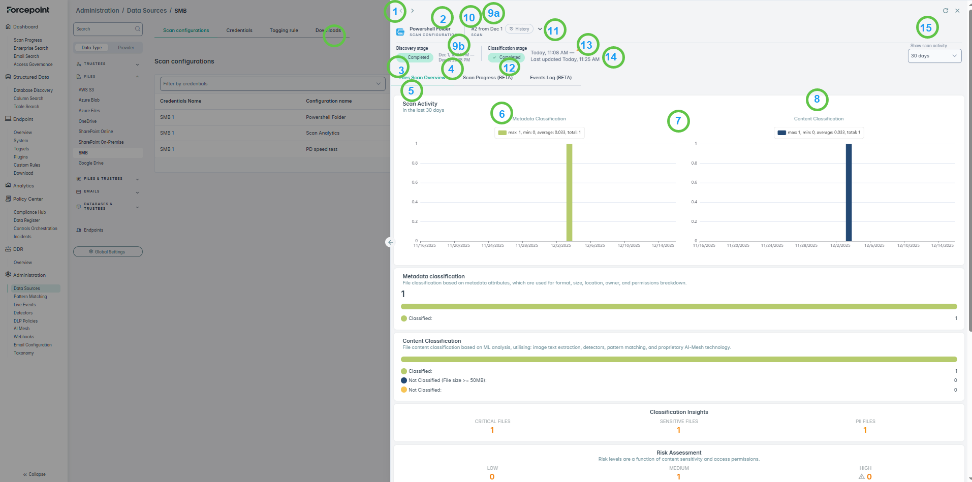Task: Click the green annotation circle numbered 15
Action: pyautogui.click(x=927, y=27)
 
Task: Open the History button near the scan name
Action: pyautogui.click(x=519, y=29)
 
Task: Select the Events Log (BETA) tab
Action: pyautogui.click(x=550, y=78)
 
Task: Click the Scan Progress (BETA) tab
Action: pyautogui.click(x=487, y=78)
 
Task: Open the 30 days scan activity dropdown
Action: pyautogui.click(x=934, y=56)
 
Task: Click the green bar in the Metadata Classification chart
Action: pyautogui.click(x=569, y=192)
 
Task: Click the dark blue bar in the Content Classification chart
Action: pyautogui.click(x=849, y=192)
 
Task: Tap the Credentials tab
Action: pyautogui.click(x=239, y=30)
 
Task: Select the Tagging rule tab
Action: pyautogui.click(x=284, y=30)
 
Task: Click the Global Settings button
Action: pyautogui.click(x=108, y=252)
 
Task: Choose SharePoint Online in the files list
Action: pyautogui.click(x=96, y=132)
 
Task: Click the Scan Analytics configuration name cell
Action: pyautogui.click(x=323, y=133)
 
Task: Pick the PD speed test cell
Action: pyautogui.click(x=322, y=149)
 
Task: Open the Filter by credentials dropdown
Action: pyautogui.click(x=272, y=84)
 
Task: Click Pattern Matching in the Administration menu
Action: pyautogui.click(x=30, y=297)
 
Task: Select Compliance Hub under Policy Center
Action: pyautogui.click(x=29, y=212)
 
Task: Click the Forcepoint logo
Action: pyautogui.click(x=28, y=10)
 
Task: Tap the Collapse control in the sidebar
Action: pyautogui.click(x=35, y=474)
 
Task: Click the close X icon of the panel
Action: pyautogui.click(x=957, y=11)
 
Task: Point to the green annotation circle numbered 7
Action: pyautogui.click(x=678, y=121)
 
